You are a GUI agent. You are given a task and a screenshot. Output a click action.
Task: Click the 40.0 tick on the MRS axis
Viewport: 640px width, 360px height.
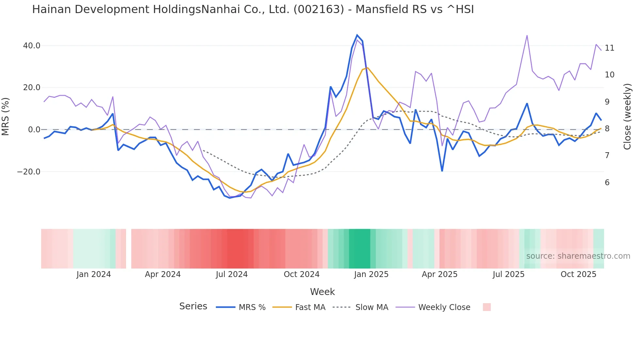coord(31,46)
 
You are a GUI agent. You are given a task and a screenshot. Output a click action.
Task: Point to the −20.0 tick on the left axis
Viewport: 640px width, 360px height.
coord(29,172)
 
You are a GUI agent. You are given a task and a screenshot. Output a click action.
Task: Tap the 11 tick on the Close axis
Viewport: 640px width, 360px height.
coord(609,48)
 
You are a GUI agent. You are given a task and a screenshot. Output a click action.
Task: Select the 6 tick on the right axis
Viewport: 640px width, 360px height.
coord(607,183)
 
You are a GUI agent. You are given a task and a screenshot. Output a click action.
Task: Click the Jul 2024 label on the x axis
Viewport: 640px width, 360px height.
coord(232,274)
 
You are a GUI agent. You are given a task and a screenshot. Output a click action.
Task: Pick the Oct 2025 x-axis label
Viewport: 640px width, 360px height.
coord(578,274)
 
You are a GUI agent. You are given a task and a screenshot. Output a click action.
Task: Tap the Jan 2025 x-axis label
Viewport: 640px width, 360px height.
coord(371,274)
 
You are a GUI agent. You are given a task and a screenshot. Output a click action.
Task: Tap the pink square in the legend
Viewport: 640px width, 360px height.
coord(487,307)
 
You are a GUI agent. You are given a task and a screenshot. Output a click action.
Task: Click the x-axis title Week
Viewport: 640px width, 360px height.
coord(322,292)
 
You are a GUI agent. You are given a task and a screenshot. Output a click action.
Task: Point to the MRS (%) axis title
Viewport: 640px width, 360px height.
coord(6,116)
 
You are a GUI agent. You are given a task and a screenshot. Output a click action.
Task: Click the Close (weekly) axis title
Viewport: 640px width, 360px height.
coord(627,116)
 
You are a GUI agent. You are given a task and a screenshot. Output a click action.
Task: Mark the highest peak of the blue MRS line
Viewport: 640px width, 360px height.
coord(357,35)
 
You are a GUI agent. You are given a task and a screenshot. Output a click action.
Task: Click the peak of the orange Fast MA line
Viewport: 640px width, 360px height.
coord(368,68)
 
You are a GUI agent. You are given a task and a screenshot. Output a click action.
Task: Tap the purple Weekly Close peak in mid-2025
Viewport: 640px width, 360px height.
coord(527,36)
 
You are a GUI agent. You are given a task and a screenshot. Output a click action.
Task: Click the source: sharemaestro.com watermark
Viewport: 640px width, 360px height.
coord(578,256)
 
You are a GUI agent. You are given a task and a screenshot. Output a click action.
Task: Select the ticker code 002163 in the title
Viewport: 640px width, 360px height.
coord(319,9)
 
